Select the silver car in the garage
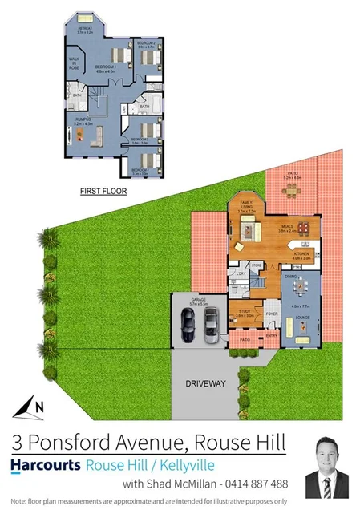(210, 326)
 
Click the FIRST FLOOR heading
(103, 192)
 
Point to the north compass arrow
(30, 406)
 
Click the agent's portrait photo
(327, 468)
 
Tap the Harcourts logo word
(46, 465)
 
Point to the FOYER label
(271, 313)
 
